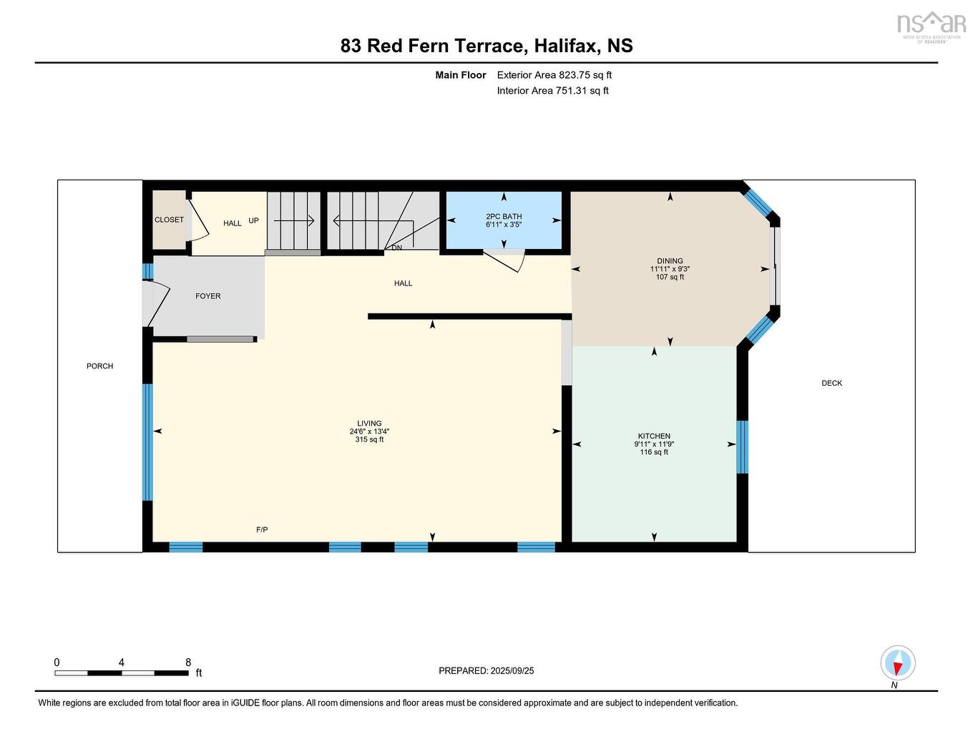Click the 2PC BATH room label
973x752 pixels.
[x=504, y=216]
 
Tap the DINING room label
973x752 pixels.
[x=670, y=261]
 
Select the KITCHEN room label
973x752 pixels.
[x=654, y=436]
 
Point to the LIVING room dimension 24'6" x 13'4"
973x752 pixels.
[x=369, y=431]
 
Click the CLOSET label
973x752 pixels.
[x=169, y=220]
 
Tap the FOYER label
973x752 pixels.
[x=208, y=296]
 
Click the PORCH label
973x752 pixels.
[x=99, y=366]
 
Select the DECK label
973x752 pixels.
[x=831, y=383]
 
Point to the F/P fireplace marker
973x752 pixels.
[x=262, y=529]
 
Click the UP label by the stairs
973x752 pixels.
[x=253, y=220]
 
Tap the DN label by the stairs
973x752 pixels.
[x=396, y=248]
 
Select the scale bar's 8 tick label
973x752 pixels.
[x=188, y=663]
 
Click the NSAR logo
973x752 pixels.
[x=931, y=26]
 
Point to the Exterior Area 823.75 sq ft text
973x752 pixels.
[x=554, y=74]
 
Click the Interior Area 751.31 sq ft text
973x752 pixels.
[x=552, y=90]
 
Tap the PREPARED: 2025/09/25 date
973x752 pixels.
[x=486, y=670]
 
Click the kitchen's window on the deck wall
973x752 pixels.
[x=742, y=447]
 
